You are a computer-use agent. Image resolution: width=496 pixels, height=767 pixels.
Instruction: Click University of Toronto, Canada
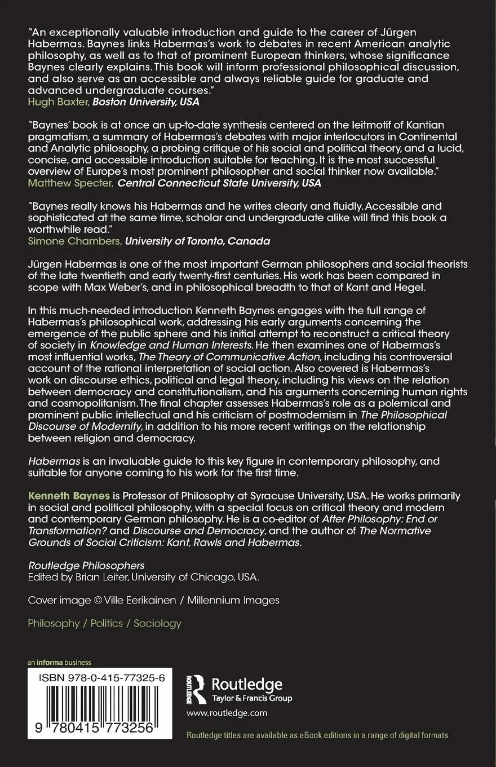coord(197,241)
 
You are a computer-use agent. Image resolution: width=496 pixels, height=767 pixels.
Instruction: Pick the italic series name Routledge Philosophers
coord(86,565)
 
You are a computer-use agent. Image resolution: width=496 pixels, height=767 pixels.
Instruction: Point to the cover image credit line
coord(153,601)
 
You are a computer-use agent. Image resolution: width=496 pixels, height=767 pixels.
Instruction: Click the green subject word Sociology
coord(157,623)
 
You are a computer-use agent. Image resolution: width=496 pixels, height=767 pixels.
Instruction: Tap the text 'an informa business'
coord(59,663)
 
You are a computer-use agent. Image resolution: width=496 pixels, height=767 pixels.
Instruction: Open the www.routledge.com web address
coord(227,713)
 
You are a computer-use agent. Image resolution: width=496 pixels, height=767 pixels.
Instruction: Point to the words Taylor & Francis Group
coord(252,699)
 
